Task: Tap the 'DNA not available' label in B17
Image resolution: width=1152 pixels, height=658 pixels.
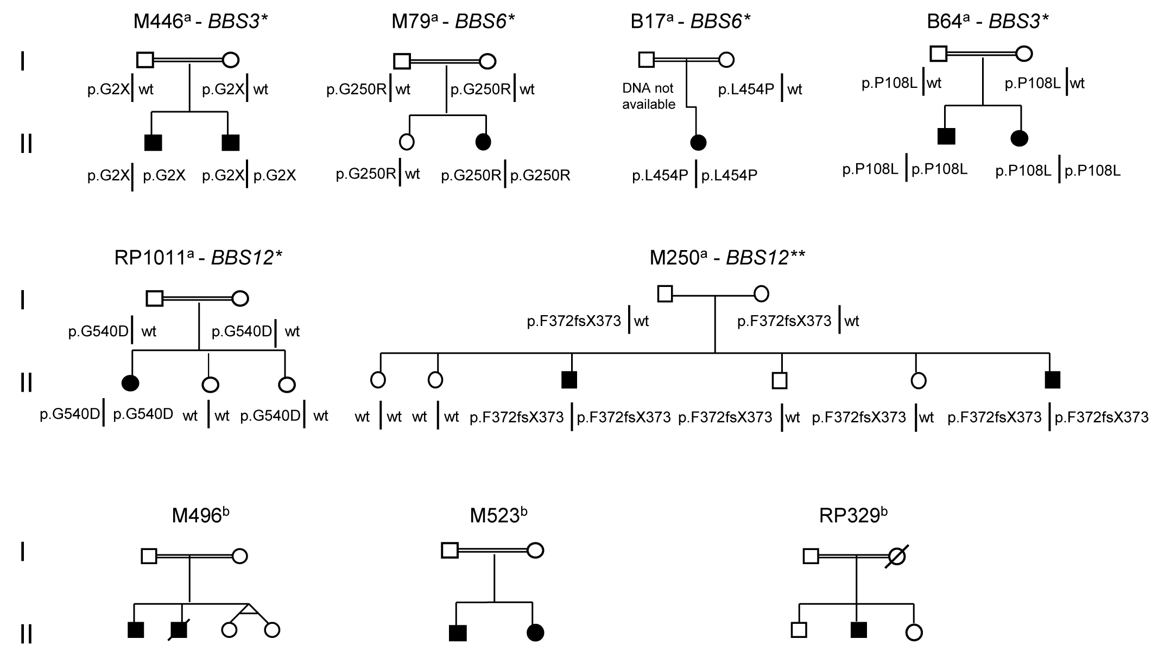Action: pyautogui.click(x=649, y=96)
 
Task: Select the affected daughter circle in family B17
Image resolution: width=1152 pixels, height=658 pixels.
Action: pyautogui.click(x=698, y=143)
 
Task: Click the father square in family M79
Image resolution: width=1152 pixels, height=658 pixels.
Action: pyautogui.click(x=402, y=61)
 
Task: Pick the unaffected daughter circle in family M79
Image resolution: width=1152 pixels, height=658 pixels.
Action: pyautogui.click(x=407, y=142)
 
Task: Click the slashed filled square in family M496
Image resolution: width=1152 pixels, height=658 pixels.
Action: pyautogui.click(x=179, y=630)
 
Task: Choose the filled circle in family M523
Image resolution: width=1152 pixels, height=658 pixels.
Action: pyautogui.click(x=535, y=633)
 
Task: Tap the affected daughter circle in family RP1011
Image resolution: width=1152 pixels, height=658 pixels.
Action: pyautogui.click(x=131, y=384)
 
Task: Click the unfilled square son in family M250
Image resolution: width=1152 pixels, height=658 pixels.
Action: pyautogui.click(x=780, y=381)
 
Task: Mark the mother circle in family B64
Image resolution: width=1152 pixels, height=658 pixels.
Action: pyautogui.click(x=1024, y=54)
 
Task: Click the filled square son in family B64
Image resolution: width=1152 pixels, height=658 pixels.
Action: pyautogui.click(x=946, y=137)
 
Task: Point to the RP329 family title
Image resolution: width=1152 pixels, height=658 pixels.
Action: pyautogui.click(x=853, y=516)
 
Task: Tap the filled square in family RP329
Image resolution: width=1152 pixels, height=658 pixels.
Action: pyautogui.click(x=859, y=630)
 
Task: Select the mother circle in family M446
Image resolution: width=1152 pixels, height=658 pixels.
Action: pyautogui.click(x=231, y=60)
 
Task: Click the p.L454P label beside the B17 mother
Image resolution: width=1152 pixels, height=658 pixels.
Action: pyautogui.click(x=746, y=90)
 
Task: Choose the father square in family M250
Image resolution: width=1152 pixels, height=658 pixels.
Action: pyautogui.click(x=665, y=294)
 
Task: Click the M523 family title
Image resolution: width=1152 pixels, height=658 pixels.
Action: pyautogui.click(x=498, y=516)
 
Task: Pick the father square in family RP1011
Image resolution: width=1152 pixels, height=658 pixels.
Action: pyautogui.click(x=155, y=298)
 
